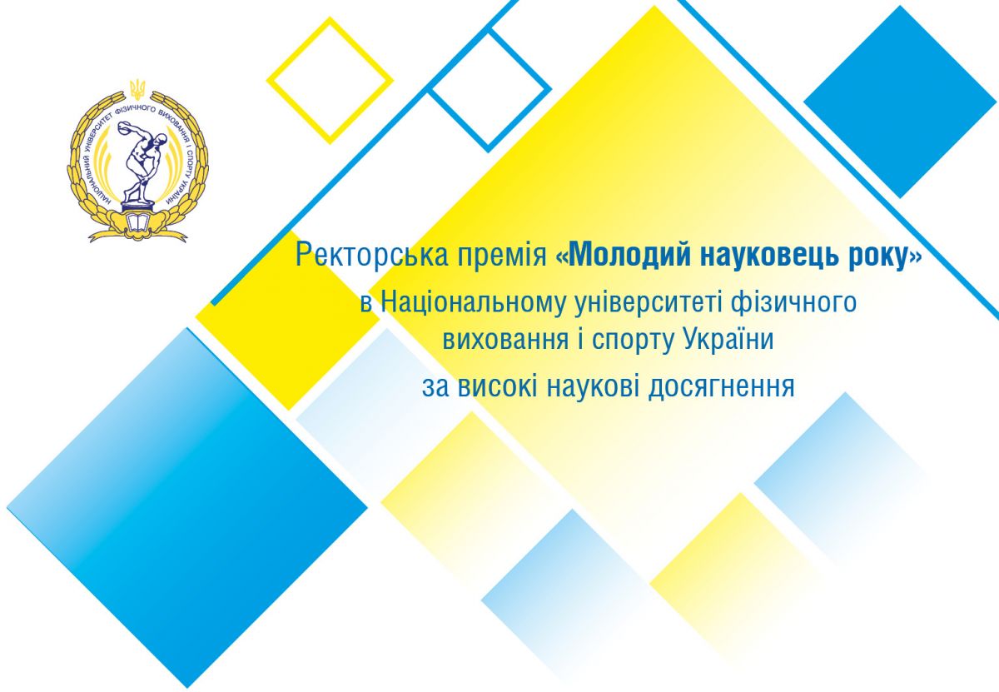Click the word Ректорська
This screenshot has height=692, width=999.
(371, 256)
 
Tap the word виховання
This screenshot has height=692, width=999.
(505, 341)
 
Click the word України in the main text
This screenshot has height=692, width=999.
(728, 341)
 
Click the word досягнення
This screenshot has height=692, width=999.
(721, 388)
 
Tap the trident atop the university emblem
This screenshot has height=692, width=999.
(138, 89)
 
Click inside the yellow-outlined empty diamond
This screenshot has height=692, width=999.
(330, 81)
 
